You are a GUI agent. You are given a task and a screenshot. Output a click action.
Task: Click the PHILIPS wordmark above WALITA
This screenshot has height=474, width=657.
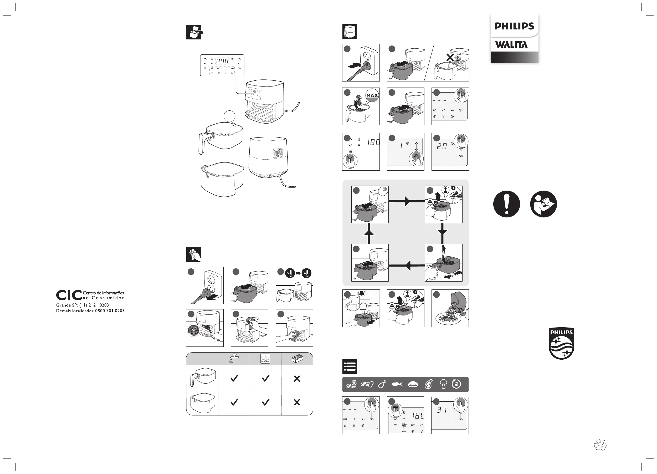coord(514,26)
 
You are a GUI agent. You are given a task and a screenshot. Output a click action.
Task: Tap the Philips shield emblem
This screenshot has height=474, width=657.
coord(561,344)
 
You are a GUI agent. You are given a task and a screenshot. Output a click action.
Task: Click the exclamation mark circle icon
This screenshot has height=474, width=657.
coord(506,204)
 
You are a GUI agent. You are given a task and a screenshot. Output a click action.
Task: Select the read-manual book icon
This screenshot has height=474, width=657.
coord(543,204)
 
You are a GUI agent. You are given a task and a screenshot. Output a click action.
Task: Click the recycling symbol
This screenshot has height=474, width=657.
coord(600,445)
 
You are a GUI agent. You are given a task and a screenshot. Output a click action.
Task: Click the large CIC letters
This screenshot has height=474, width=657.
coord(69,295)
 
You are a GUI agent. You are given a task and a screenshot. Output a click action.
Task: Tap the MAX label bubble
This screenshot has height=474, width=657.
coord(372,96)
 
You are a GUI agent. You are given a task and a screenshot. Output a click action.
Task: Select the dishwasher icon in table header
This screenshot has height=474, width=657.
coord(265,358)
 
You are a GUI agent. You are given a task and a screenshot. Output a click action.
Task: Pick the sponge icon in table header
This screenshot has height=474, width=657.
coord(297,359)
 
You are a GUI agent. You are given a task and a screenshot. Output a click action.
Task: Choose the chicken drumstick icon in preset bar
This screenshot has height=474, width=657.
coord(382,384)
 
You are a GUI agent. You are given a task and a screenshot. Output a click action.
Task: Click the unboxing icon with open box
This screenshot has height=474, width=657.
coord(194,32)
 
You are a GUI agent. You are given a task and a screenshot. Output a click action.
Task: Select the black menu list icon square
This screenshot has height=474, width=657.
coord(350,366)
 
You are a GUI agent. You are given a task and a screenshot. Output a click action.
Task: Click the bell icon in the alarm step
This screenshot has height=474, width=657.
coord(362,293)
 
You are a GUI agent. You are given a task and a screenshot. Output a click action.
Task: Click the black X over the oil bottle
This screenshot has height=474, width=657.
coord(450,57)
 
